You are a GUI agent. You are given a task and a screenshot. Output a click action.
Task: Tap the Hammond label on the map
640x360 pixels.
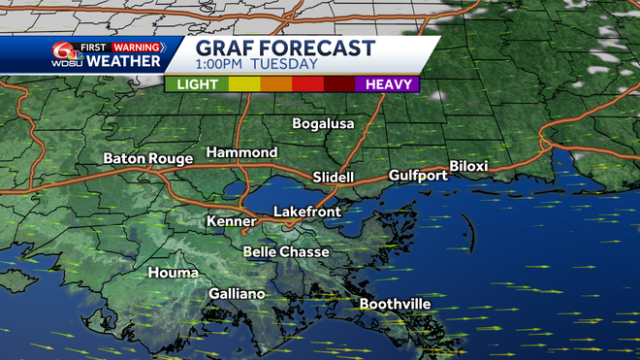click(x=241, y=153)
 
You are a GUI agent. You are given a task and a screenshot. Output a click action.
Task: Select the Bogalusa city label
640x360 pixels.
click(x=324, y=123)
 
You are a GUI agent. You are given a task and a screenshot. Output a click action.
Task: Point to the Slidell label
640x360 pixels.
click(x=335, y=177)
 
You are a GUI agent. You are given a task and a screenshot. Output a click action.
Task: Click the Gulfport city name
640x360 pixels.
click(x=418, y=176)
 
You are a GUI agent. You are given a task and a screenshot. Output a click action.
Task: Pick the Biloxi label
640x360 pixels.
click(x=468, y=166)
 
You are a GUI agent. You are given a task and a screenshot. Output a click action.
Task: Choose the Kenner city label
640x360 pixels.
click(x=231, y=222)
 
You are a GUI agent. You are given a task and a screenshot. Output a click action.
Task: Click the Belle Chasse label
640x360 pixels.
click(x=286, y=252)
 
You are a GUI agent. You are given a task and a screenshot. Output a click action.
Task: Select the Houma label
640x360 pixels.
click(x=173, y=273)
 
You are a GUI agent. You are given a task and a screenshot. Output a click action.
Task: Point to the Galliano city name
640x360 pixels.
click(x=237, y=293)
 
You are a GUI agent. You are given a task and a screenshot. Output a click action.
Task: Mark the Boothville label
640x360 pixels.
click(x=395, y=304)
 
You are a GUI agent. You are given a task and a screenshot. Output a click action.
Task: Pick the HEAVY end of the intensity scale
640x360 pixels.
click(x=388, y=84)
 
